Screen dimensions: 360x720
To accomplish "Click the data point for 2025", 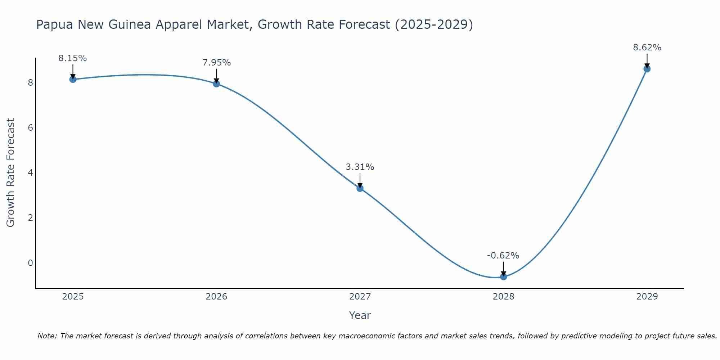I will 73,79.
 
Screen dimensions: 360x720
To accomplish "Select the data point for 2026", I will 216,84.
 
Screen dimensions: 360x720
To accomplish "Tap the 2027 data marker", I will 360,188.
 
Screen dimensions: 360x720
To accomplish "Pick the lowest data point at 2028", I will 503,276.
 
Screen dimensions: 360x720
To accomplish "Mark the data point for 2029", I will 647,69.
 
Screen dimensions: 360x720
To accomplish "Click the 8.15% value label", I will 73,58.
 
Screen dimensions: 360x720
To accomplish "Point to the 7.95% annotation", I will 216,63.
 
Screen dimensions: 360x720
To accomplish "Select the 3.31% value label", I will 360,167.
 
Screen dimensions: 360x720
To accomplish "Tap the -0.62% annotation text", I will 503,256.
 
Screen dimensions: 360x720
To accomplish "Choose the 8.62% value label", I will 647,48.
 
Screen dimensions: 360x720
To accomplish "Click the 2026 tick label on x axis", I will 216,297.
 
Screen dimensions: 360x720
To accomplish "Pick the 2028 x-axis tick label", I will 503,297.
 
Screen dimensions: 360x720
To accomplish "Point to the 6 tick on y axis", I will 30,128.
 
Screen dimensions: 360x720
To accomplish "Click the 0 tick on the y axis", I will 30,263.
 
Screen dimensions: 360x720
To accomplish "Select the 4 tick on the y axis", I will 30,173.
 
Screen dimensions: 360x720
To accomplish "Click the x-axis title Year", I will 360,315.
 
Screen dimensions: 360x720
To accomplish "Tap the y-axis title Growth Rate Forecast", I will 11,173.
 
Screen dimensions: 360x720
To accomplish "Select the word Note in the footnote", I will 46,336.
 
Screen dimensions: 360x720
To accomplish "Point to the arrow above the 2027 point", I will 360,180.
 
